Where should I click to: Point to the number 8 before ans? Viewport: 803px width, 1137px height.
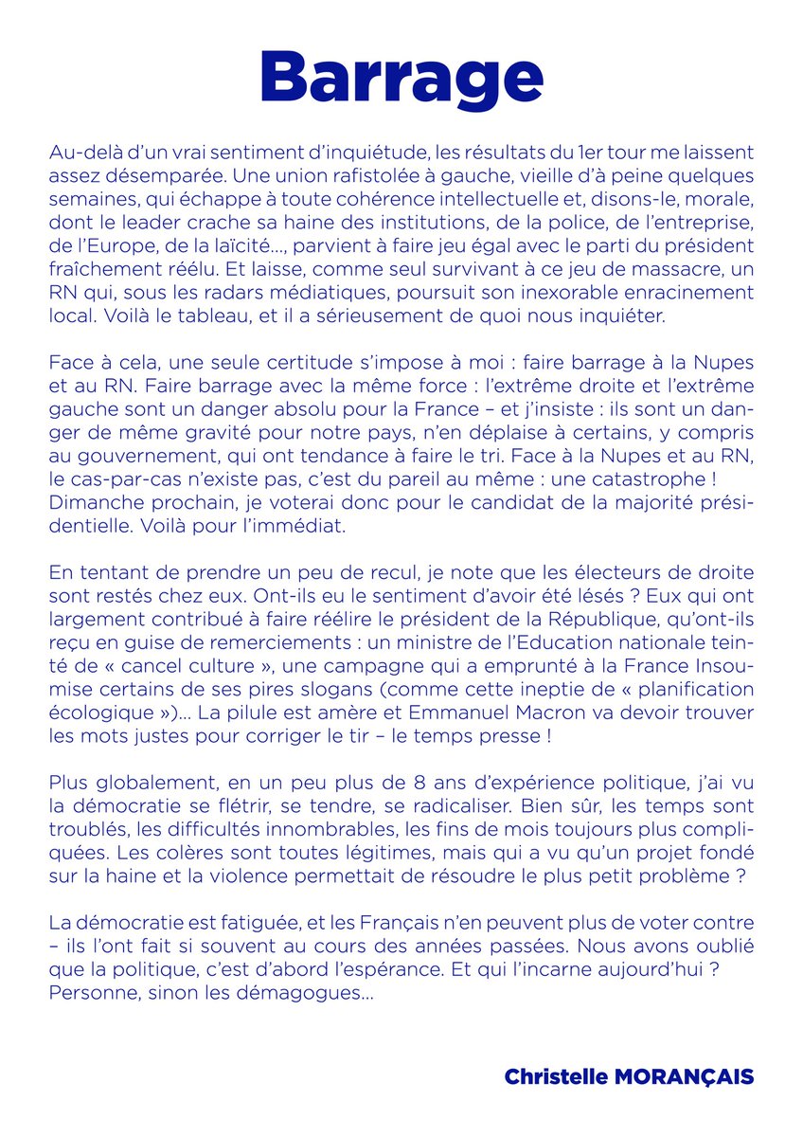click(363, 757)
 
